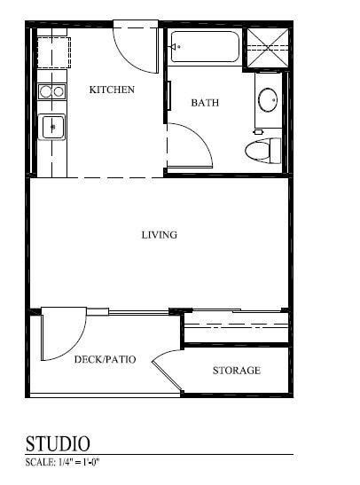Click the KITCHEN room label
coord(112,90)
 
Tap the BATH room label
coord(205,103)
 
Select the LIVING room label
coord(160,235)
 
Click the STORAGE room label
coord(236,370)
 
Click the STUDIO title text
coord(59,442)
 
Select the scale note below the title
coord(63,463)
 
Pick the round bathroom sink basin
coord(268,99)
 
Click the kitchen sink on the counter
coord(53,127)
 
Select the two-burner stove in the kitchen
coord(51,90)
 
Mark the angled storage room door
coord(166,372)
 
